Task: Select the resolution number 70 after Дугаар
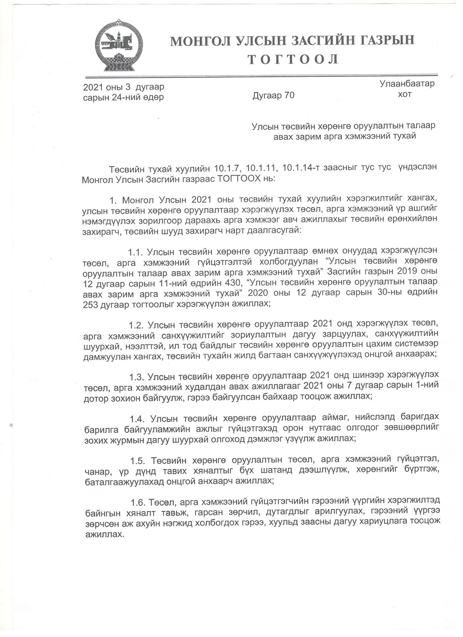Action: pos(289,96)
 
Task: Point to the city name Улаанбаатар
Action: pos(407,84)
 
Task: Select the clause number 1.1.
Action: pos(135,252)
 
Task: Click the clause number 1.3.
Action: pos(136,377)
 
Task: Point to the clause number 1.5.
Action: pos(137,461)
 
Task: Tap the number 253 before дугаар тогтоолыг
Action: pos(90,305)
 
